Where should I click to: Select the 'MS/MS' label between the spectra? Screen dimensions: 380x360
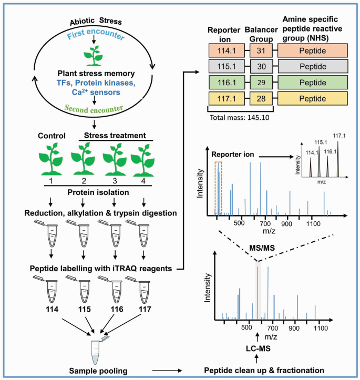point(258,246)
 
